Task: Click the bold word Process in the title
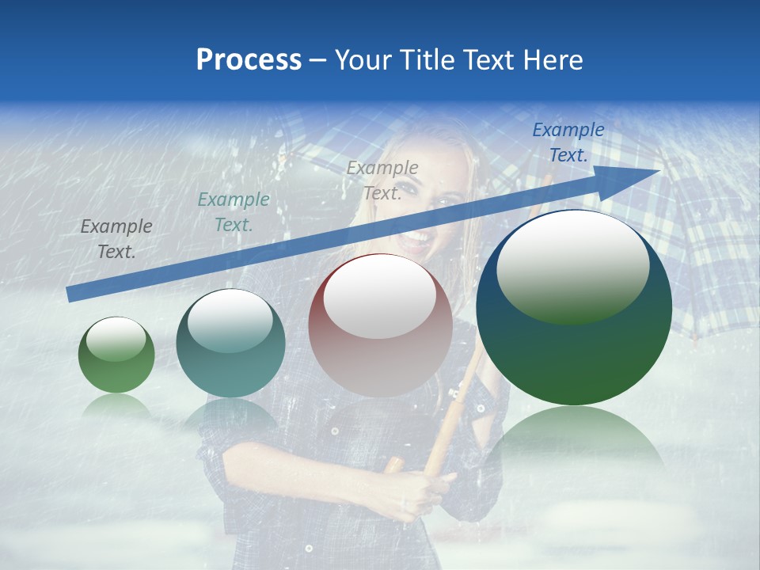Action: click(x=249, y=60)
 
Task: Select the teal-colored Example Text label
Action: click(x=234, y=212)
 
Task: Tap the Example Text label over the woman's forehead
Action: click(x=382, y=180)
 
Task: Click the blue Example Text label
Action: click(x=568, y=142)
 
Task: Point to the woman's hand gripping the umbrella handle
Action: click(x=427, y=491)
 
